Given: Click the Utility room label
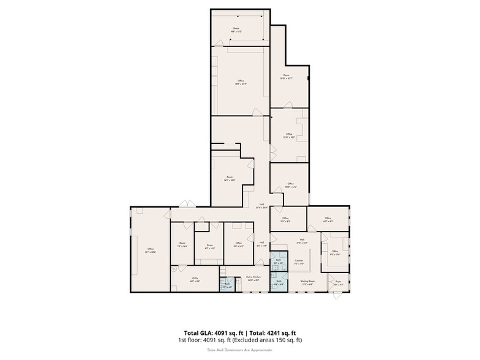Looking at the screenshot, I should (195, 279).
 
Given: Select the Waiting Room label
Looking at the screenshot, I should (306, 283).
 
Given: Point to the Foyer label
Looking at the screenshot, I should (339, 283).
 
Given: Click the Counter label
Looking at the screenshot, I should (299, 262).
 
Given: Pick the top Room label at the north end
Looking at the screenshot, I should (235, 29).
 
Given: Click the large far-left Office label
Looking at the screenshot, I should (150, 250).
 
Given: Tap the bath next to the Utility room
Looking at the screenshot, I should (227, 285).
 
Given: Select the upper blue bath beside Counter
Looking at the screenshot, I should (278, 261).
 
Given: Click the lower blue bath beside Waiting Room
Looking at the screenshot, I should (278, 283).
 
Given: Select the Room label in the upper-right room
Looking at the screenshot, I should (286, 77).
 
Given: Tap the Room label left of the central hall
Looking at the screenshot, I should (230, 179).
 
